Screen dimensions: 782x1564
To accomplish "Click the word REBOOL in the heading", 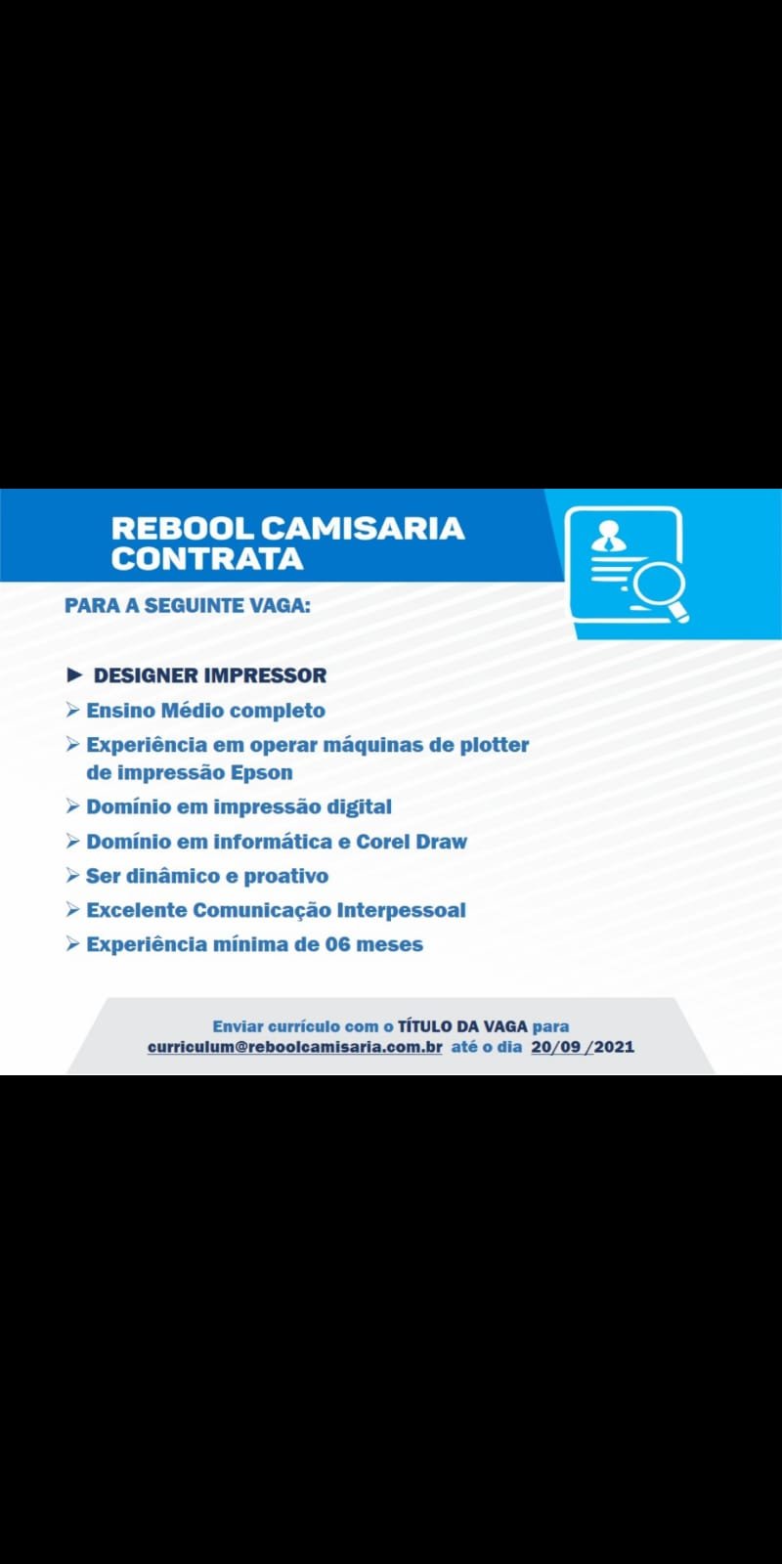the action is click(x=182, y=529).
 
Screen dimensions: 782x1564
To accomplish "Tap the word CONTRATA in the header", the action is click(x=207, y=558).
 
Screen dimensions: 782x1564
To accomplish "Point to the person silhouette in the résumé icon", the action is click(x=608, y=538).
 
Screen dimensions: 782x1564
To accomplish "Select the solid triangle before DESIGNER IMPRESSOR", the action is click(x=74, y=675).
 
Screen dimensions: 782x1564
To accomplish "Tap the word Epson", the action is click(x=262, y=773).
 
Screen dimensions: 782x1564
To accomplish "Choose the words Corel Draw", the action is click(x=412, y=842).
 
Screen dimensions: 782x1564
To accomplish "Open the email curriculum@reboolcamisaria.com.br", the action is click(x=294, y=1047).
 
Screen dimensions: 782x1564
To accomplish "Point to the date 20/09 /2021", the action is click(x=583, y=1047).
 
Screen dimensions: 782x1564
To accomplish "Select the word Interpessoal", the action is click(x=402, y=910).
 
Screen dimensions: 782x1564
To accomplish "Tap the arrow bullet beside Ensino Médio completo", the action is click(x=72, y=710).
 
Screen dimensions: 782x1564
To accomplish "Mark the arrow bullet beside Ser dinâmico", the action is click(x=72, y=876).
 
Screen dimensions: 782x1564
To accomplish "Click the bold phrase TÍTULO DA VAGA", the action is click(x=462, y=1026).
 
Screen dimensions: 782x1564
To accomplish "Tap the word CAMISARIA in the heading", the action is click(x=363, y=529).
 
